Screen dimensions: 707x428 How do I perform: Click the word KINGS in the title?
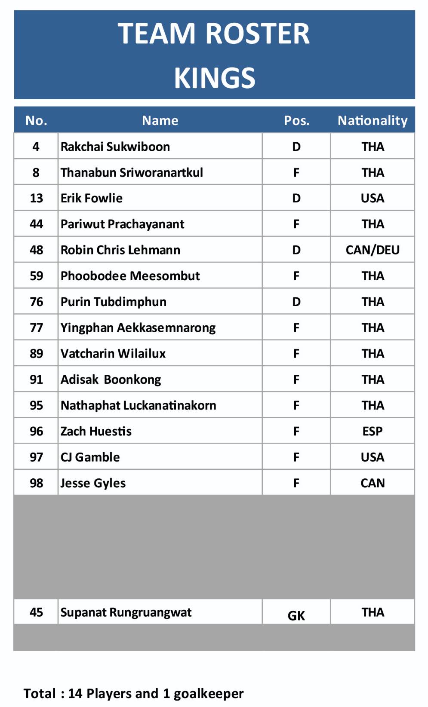pyautogui.click(x=214, y=78)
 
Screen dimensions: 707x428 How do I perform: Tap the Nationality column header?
pyautogui.click(x=373, y=120)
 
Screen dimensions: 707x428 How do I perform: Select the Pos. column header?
pyautogui.click(x=296, y=120)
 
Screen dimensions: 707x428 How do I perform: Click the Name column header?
pyautogui.click(x=160, y=120)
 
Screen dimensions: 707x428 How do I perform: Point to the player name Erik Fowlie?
pyautogui.click(x=92, y=198)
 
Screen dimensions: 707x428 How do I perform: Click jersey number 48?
pyautogui.click(x=36, y=250)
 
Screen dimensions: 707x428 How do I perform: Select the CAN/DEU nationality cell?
pyautogui.click(x=373, y=250)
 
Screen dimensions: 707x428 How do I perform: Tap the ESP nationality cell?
pyautogui.click(x=373, y=431)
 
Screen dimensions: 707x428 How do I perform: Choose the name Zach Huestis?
pyautogui.click(x=96, y=431)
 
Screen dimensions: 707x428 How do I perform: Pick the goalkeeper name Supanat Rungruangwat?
pyautogui.click(x=126, y=612)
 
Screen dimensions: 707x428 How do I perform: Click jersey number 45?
pyautogui.click(x=36, y=612)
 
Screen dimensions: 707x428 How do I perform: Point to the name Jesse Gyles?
pyautogui.click(x=93, y=483)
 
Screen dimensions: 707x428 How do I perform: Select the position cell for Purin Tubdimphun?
pyautogui.click(x=296, y=302)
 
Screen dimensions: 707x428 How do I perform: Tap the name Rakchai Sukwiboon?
pyautogui.click(x=115, y=147)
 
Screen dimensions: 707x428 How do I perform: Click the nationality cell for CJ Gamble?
pyautogui.click(x=373, y=457)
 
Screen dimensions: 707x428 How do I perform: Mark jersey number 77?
pyautogui.click(x=36, y=327)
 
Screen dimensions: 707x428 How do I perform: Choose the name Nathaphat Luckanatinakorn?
pyautogui.click(x=139, y=405)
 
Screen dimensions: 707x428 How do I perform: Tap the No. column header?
pyautogui.click(x=36, y=120)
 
